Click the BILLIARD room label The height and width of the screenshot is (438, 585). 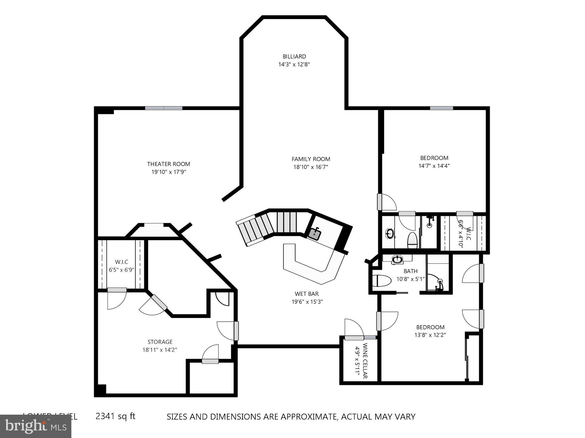click(x=294, y=56)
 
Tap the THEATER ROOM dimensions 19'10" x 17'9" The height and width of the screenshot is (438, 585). click(x=168, y=172)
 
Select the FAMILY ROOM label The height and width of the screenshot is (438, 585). click(x=311, y=159)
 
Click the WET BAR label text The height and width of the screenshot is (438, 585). click(x=307, y=294)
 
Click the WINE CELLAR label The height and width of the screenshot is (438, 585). click(x=365, y=361)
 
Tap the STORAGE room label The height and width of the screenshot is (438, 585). click(x=160, y=342)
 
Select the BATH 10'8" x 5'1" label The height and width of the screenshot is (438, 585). click(x=410, y=275)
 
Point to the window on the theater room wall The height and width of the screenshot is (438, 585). click(x=164, y=108)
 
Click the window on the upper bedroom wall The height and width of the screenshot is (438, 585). click(x=441, y=108)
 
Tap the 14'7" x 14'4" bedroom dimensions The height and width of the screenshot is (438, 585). click(x=434, y=166)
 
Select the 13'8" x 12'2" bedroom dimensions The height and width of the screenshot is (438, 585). click(x=430, y=335)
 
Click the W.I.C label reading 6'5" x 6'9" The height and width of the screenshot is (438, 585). click(x=121, y=266)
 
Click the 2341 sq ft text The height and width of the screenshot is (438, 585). click(x=116, y=416)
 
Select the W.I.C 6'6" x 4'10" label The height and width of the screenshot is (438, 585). click(x=464, y=234)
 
